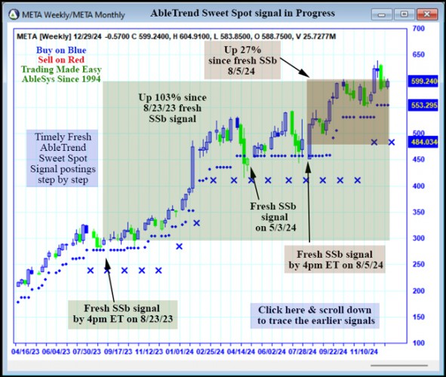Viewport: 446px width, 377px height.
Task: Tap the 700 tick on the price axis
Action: click(x=418, y=28)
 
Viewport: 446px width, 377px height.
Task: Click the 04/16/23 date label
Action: click(x=27, y=351)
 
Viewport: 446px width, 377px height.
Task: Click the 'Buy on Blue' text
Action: click(x=58, y=49)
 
